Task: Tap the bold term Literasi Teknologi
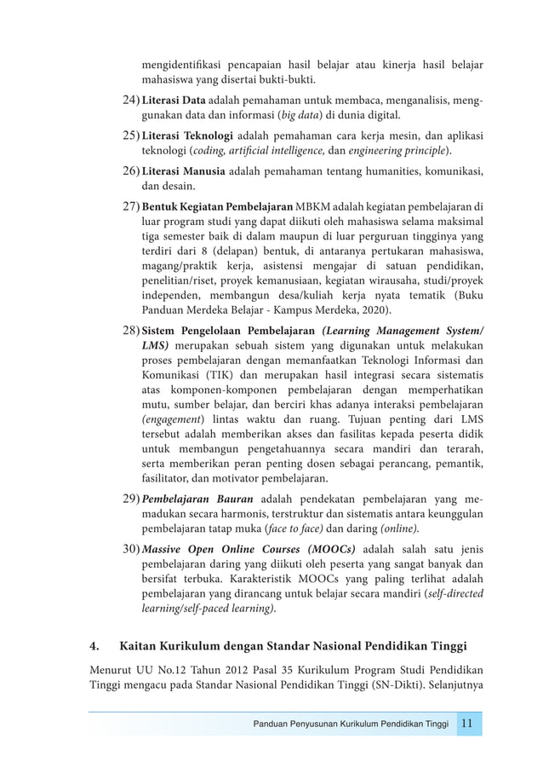[x=187, y=136]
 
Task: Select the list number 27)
[x=131, y=207]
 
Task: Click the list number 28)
[x=131, y=331]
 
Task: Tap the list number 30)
[x=131, y=548]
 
